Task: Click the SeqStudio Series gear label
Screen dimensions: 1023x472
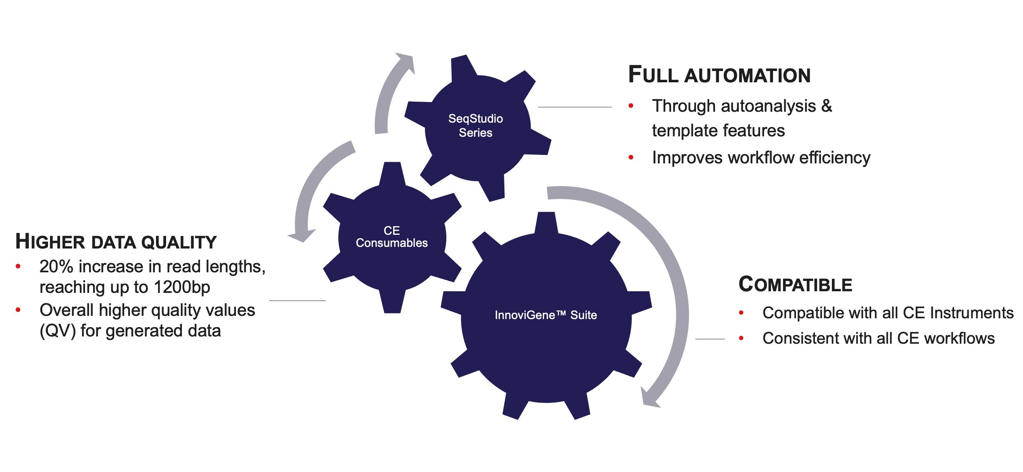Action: tap(475, 125)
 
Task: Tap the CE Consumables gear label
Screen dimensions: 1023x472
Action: tap(392, 236)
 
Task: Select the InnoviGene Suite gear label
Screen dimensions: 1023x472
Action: tap(546, 315)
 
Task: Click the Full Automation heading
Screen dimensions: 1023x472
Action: tap(719, 75)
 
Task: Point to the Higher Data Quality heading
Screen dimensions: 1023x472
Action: tap(116, 242)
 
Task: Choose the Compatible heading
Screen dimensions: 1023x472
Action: tap(795, 284)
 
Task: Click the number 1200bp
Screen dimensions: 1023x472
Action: tap(182, 287)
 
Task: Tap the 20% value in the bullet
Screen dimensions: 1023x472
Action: tap(56, 267)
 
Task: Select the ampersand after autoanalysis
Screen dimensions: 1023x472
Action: tap(827, 106)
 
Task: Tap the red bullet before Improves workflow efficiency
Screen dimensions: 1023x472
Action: tap(631, 158)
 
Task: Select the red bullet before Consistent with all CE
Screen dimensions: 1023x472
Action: tap(741, 338)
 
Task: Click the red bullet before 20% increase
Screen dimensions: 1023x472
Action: tap(18, 267)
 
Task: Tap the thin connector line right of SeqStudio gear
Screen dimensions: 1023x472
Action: tap(575, 107)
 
